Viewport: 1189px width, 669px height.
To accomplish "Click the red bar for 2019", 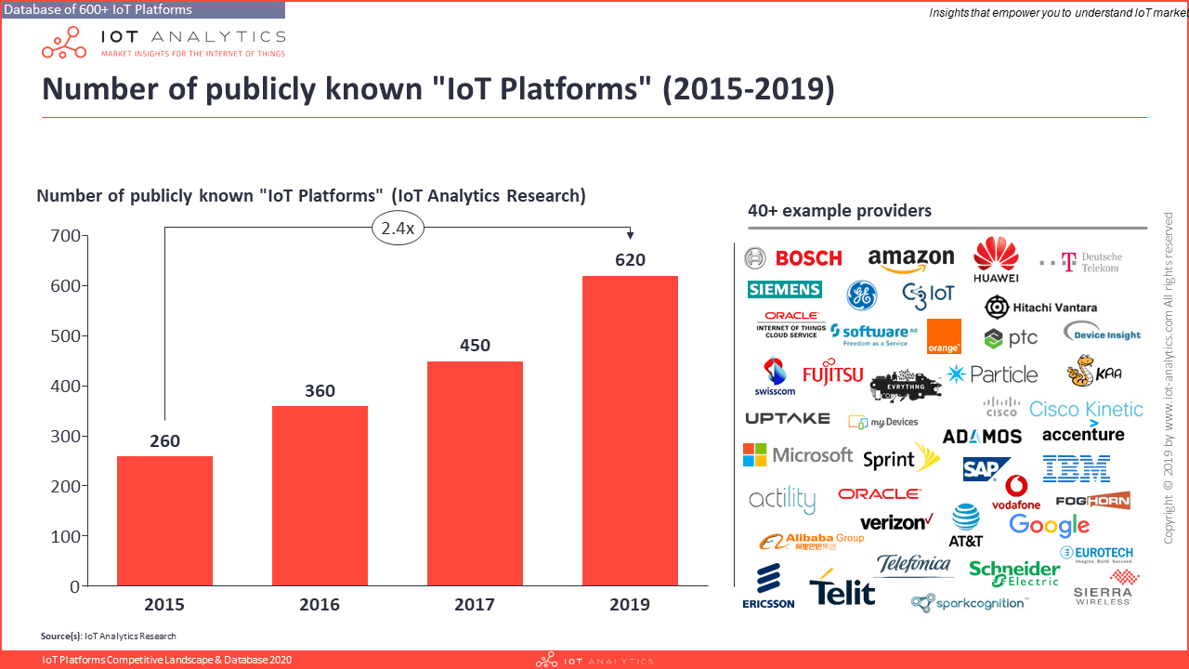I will (630, 431).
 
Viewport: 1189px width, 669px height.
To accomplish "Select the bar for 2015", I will (164, 520).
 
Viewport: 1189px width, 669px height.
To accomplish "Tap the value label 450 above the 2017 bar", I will (475, 346).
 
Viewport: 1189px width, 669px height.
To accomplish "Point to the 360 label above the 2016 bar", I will (320, 391).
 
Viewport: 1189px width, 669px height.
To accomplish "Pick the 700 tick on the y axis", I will (63, 236).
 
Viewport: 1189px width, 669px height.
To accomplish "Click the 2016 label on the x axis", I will (320, 605).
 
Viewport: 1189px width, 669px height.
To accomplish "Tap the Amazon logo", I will (910, 259).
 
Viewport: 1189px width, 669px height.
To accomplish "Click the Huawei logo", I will (996, 259).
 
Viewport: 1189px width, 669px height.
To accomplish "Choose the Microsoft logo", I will (797, 455).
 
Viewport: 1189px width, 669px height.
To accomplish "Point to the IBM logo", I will (1076, 468).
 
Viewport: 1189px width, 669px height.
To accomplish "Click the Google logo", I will (1049, 525).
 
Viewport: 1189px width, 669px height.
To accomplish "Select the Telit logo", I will (842, 592).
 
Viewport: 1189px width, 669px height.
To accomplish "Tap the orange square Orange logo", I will (944, 336).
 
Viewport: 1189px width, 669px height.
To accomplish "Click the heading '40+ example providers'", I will (839, 211).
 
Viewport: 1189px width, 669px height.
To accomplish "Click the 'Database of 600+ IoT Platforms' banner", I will (142, 9).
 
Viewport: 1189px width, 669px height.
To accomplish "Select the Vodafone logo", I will (1016, 492).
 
